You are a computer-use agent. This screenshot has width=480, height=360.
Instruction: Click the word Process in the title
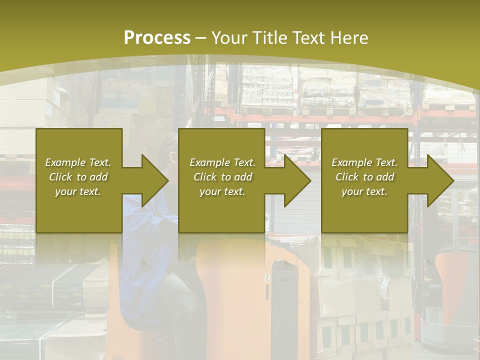click(157, 38)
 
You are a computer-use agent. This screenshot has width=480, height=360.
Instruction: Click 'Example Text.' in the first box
click(78, 162)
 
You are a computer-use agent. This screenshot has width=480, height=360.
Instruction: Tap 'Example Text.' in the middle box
click(222, 162)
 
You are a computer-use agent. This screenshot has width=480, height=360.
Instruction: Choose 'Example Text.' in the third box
click(364, 162)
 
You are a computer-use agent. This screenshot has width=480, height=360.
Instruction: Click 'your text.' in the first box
click(78, 191)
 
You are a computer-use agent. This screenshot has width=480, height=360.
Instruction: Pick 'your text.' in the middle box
click(222, 191)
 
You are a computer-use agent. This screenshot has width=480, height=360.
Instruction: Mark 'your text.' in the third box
click(364, 191)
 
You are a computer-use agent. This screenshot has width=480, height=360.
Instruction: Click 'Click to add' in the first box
click(78, 177)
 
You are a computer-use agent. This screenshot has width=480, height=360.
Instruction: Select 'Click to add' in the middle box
click(222, 177)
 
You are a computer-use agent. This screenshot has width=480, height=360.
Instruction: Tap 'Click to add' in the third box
click(364, 177)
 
